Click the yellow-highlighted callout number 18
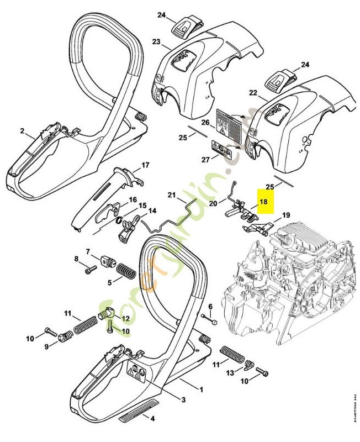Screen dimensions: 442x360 pyautogui.click(x=263, y=202)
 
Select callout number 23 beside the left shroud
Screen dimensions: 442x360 pyautogui.click(x=156, y=41)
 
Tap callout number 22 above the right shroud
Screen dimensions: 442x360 pyautogui.click(x=253, y=93)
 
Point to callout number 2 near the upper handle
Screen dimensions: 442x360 pyautogui.click(x=22, y=131)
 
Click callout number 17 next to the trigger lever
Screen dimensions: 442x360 pyautogui.click(x=146, y=165)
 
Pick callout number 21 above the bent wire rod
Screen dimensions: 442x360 pyautogui.click(x=171, y=195)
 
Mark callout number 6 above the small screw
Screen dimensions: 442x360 pyautogui.click(x=210, y=307)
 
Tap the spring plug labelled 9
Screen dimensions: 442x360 pyautogui.click(x=67, y=335)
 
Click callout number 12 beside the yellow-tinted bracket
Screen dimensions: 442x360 pyautogui.click(x=125, y=318)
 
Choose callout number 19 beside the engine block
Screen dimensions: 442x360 pyautogui.click(x=285, y=215)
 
